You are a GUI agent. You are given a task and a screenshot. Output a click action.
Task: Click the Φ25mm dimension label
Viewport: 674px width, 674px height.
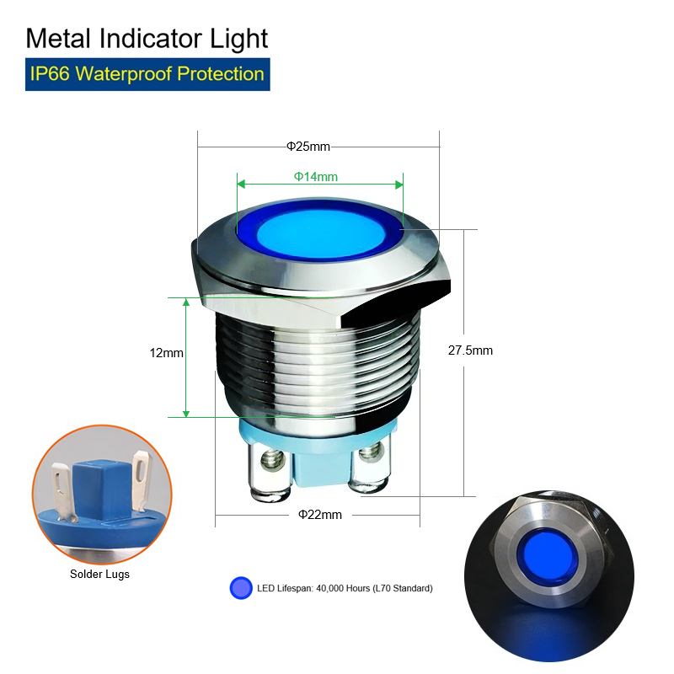point(308,147)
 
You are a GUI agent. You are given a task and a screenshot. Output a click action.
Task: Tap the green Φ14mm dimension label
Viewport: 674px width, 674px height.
point(315,177)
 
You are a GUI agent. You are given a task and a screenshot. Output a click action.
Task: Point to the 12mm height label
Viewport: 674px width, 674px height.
point(166,353)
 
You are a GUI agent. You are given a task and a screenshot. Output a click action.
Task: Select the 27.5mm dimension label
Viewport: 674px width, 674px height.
point(470,350)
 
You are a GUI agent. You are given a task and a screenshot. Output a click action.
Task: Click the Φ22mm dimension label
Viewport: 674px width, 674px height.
point(320,515)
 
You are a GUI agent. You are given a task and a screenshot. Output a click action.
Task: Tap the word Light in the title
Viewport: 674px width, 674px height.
point(238,40)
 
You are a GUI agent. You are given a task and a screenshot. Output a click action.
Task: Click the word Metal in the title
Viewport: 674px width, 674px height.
point(58,39)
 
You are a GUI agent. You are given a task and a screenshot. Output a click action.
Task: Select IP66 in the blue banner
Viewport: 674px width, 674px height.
point(50,74)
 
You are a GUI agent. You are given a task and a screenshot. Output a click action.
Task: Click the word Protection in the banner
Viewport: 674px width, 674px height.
point(221,74)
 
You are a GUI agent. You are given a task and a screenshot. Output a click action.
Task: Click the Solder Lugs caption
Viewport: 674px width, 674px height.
point(99,575)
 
